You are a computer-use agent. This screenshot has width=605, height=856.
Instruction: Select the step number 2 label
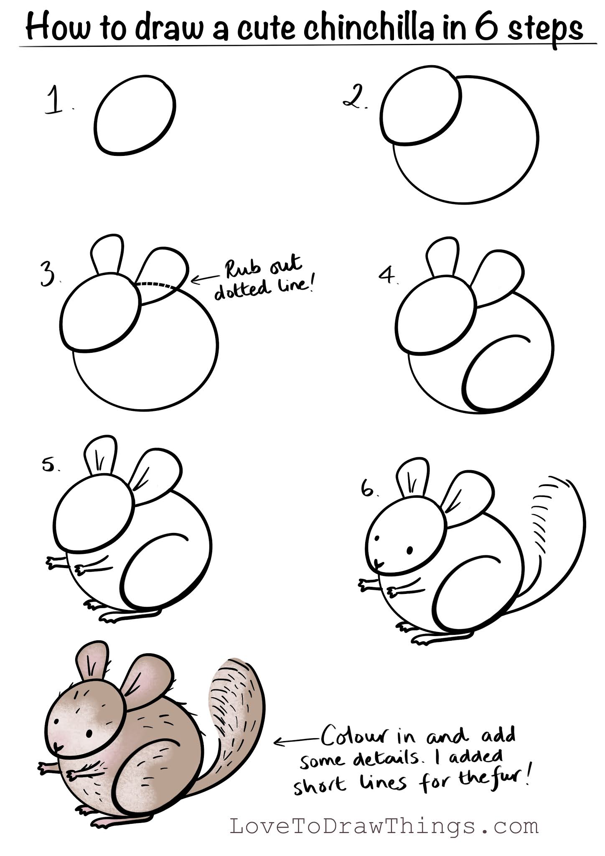(x=354, y=99)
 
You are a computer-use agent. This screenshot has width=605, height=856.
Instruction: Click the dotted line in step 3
(x=156, y=285)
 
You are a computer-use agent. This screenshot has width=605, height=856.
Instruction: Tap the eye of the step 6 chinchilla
(x=410, y=550)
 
